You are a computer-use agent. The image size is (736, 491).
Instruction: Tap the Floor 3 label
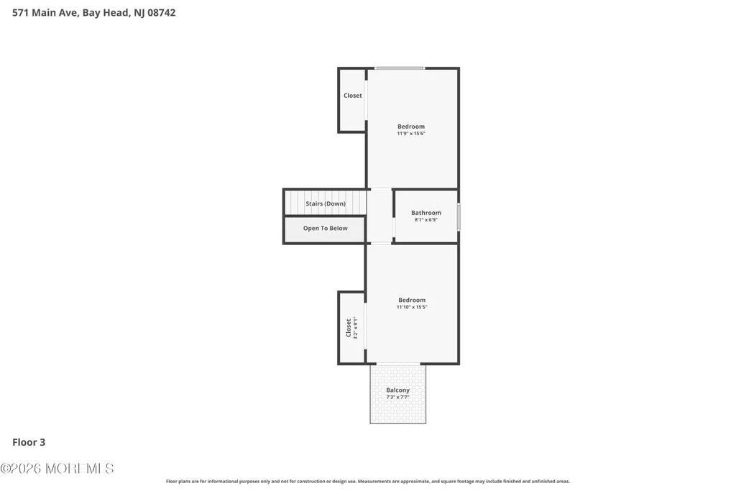click(x=29, y=442)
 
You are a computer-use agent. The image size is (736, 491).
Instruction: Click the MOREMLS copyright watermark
click(x=57, y=469)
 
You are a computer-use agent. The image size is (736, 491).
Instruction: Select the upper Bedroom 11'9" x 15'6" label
click(x=411, y=129)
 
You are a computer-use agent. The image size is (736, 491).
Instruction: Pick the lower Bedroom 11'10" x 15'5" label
click(x=412, y=303)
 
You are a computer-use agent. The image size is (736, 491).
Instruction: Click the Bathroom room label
click(x=426, y=213)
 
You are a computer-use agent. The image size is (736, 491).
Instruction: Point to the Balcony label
click(x=397, y=390)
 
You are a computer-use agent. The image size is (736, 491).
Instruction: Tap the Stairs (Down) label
click(x=326, y=203)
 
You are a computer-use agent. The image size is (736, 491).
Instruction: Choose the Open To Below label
click(x=326, y=228)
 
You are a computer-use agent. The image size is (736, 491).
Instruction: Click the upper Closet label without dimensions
click(x=352, y=96)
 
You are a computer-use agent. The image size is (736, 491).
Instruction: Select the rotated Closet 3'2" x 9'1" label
click(x=351, y=328)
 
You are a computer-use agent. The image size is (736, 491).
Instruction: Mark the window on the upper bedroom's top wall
click(x=400, y=68)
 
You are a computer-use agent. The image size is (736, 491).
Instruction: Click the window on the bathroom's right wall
click(x=459, y=216)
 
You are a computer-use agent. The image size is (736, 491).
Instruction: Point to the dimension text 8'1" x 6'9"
click(x=426, y=220)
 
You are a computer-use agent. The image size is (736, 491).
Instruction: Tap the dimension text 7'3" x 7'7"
click(x=397, y=397)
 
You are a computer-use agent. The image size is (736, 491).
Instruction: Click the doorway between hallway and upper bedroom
click(x=380, y=189)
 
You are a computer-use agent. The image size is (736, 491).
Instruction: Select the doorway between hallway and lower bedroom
click(x=381, y=243)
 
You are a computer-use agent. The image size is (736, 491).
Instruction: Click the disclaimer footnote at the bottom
click(x=367, y=481)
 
